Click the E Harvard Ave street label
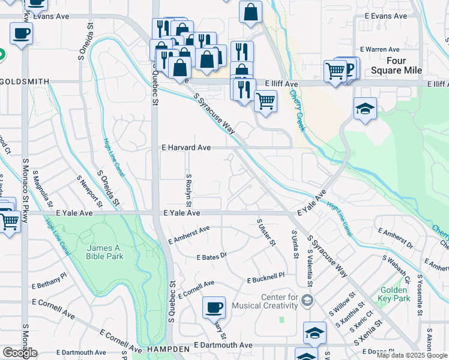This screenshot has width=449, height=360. pyautogui.click(x=186, y=147)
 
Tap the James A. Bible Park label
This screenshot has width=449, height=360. pyautogui.click(x=105, y=252)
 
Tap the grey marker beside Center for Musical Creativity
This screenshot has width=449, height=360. pyautogui.click(x=307, y=300)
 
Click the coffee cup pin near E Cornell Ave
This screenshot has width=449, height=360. pyautogui.click(x=214, y=308)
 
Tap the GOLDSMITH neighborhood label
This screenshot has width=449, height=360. pyautogui.click(x=24, y=81)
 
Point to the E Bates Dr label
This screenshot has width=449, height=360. pyautogui.click(x=211, y=256)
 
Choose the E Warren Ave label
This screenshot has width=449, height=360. pyautogui.click(x=379, y=49)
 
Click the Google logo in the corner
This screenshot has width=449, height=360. pyautogui.click(x=20, y=352)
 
